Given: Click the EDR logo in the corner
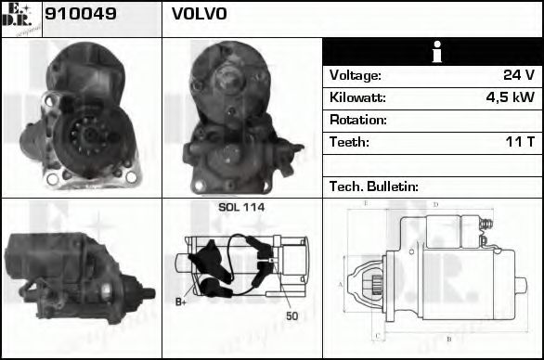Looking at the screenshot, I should coord(20,19).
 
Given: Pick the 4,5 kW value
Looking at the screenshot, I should coord(510,97).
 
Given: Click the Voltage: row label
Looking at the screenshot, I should coord(356,75).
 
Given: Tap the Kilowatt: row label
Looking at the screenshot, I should coord(357,97).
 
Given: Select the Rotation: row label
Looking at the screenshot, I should coord(357,120).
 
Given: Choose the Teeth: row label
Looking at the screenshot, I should coord(350,142).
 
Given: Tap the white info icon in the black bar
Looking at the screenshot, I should coord(432,52).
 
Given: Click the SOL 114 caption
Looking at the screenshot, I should coord(241,207).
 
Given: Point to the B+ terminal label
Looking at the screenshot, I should coord(182,302).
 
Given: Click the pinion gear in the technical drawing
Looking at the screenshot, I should coord(378,282).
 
